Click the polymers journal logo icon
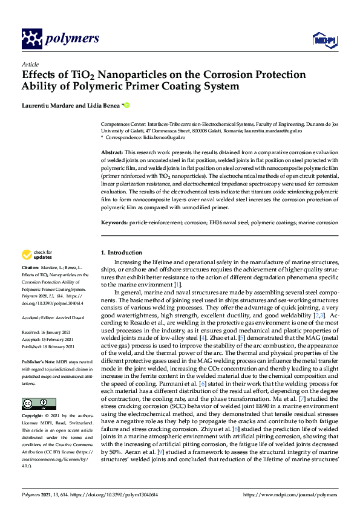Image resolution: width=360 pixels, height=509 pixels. click(x=32, y=39)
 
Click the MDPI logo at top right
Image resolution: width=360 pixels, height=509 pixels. click(x=324, y=41)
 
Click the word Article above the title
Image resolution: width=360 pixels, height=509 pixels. click(x=30, y=65)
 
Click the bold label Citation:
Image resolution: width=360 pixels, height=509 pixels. click(x=30, y=267)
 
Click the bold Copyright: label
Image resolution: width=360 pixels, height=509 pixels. click(x=33, y=417)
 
